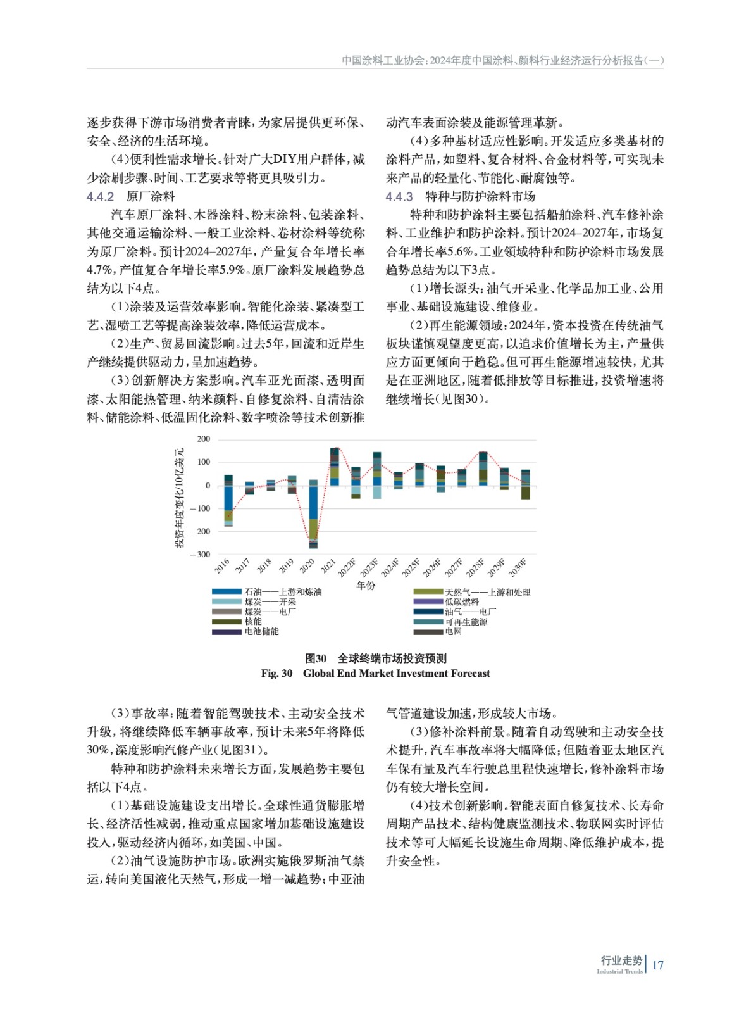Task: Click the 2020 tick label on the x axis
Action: [307, 565]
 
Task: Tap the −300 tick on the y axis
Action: [202, 554]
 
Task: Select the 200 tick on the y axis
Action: [204, 439]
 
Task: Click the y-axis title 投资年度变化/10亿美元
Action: [180, 497]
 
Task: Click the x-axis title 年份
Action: [366, 585]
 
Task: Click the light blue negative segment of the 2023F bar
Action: [377, 492]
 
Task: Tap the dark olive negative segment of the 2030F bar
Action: [525, 493]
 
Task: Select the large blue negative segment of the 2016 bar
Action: [228, 498]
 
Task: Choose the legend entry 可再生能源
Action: [466, 622]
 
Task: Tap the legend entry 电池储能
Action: [261, 631]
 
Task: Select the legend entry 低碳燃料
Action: [461, 601]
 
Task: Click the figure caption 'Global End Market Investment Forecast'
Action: [396, 673]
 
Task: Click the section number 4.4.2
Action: [100, 196]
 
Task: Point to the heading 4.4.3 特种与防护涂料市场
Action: [460, 196]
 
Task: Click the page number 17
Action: [657, 965]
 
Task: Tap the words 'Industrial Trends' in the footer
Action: [619, 971]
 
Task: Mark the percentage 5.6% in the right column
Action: [461, 251]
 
